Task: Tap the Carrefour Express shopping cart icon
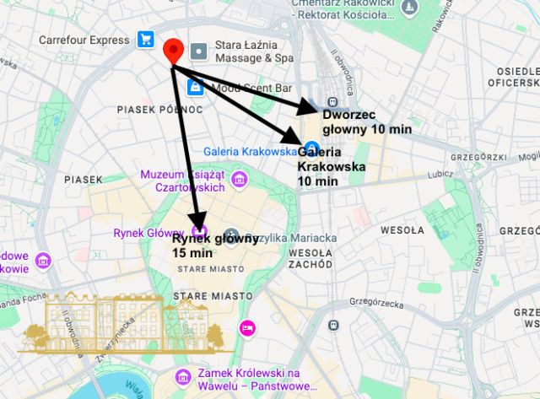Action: pos(146,39)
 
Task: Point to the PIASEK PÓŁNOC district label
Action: pos(159,109)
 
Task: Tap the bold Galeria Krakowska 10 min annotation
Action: pos(332,166)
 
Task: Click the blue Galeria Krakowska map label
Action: pos(250,151)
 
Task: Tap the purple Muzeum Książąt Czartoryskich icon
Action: pos(239,180)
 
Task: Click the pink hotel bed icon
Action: pos(247,327)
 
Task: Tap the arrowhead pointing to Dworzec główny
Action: pos(309,105)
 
